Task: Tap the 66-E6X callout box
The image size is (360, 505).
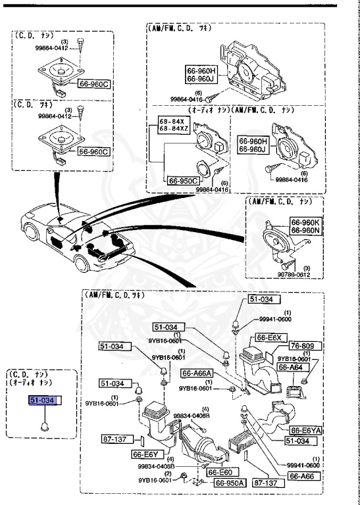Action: pyautogui.click(x=270, y=338)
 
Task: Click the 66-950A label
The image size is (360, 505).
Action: pyautogui.click(x=231, y=483)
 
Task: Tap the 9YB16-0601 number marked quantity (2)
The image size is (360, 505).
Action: pyautogui.click(x=155, y=480)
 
